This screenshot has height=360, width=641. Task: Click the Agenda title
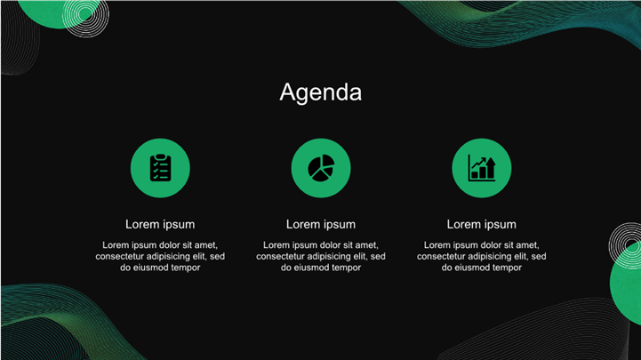[x=320, y=92]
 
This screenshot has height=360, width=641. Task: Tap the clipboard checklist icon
[x=160, y=167]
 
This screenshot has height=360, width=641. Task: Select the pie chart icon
[x=321, y=167]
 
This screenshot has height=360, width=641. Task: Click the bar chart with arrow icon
[x=482, y=167]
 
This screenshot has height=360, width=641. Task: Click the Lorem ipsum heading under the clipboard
[x=160, y=224]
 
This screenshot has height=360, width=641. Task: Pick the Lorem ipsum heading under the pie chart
[x=321, y=224]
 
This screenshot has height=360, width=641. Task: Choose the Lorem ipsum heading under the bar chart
[x=482, y=224]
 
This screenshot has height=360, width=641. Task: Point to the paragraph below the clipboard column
[x=160, y=256]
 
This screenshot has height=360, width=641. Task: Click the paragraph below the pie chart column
[x=321, y=256]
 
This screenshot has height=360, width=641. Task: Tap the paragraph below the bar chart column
[x=482, y=256]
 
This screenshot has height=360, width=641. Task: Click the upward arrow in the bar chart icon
[x=491, y=167]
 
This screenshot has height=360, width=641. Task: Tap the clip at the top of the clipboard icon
[x=161, y=157]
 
